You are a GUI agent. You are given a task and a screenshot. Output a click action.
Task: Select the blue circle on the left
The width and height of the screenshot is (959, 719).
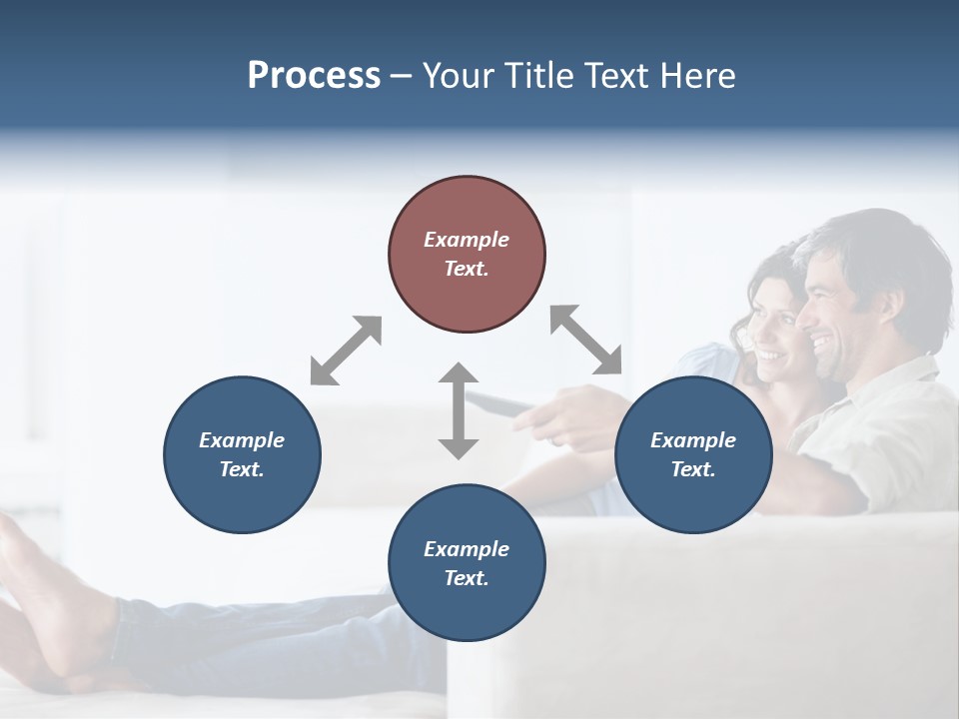pos(242,454)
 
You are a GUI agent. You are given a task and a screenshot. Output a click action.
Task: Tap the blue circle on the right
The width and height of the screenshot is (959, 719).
pos(693,454)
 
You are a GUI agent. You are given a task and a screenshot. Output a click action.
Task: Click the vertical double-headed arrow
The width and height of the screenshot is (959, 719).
pos(459,410)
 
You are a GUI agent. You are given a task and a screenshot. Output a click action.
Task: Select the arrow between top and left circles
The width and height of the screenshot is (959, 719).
pos(346,351)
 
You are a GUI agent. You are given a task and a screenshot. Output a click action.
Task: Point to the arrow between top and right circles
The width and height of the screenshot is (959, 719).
pos(586,340)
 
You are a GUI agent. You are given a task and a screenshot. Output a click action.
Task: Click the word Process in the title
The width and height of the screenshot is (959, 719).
pos(314,75)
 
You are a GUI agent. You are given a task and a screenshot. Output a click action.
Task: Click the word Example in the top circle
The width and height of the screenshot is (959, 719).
pos(467,240)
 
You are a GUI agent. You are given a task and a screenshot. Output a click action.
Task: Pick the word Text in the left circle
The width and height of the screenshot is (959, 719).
pos(242,469)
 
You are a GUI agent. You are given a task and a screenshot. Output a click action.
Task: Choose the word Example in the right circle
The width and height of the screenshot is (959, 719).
pos(693,440)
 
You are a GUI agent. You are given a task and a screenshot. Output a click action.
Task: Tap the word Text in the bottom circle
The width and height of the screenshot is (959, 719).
pos(467,578)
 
